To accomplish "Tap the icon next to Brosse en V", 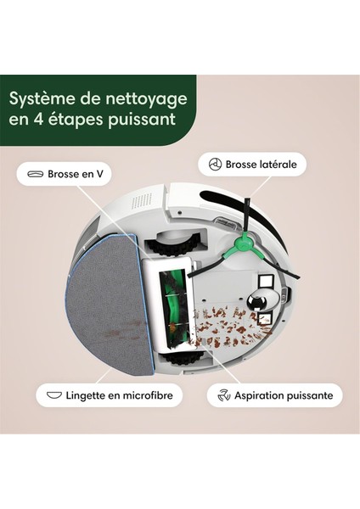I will (34, 175).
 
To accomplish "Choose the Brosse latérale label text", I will (267, 164).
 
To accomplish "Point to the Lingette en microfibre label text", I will (115, 394).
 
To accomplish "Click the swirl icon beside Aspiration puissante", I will (224, 394).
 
